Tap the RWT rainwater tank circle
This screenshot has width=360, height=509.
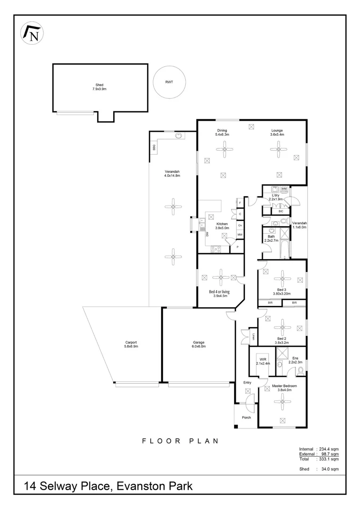coord(169,82)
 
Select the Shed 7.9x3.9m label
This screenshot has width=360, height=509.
coord(99,87)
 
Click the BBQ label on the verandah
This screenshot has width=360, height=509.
coord(154,147)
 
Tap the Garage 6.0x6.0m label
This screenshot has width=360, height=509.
coord(198,345)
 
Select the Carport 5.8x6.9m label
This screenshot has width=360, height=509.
coord(131,345)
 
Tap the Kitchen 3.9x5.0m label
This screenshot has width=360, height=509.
coord(222,226)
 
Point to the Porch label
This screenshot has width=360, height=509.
coord(246,418)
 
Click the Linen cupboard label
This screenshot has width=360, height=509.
coord(254,336)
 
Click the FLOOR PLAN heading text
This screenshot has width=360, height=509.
coord(180,441)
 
